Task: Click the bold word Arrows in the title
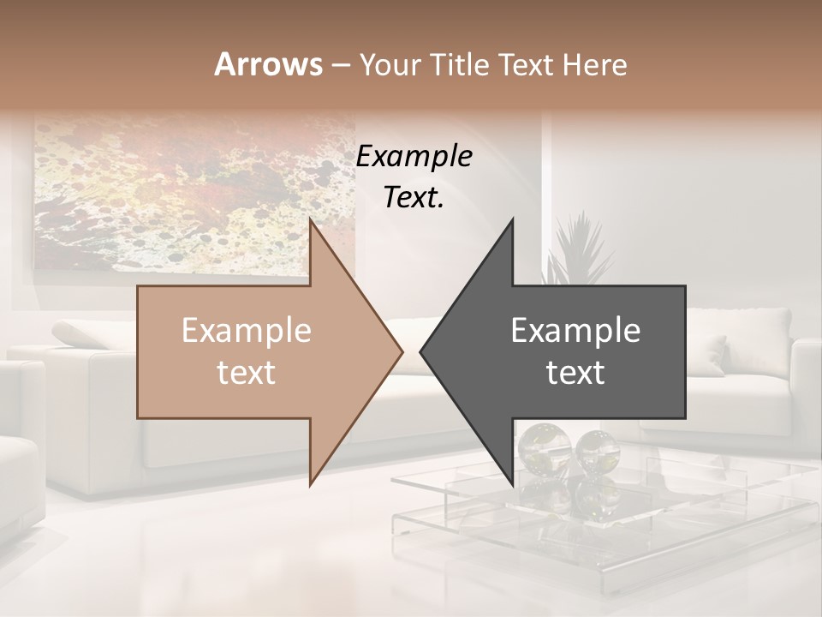(x=268, y=64)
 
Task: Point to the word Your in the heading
(x=390, y=65)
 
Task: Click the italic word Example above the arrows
(x=414, y=157)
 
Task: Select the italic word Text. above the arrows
(x=414, y=198)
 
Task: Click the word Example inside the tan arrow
(x=247, y=331)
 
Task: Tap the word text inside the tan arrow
(x=247, y=373)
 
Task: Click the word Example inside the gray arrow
(x=575, y=331)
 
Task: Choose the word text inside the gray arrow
(x=575, y=373)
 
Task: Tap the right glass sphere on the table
(x=596, y=446)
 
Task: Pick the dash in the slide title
(x=340, y=66)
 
